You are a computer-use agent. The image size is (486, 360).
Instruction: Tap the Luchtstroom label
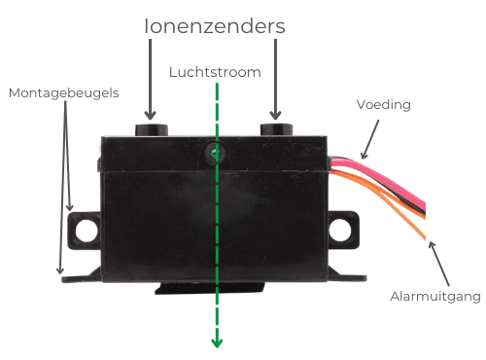(x=215, y=73)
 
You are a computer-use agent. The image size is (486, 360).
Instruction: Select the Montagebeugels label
(x=63, y=93)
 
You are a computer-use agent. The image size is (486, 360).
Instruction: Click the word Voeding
(x=384, y=104)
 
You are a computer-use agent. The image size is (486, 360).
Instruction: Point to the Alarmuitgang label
(x=435, y=297)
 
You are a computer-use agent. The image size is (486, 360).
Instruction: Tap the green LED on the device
(x=215, y=153)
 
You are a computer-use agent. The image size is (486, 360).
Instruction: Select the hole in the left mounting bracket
(x=87, y=231)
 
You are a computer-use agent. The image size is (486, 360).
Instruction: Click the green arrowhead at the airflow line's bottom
(x=216, y=341)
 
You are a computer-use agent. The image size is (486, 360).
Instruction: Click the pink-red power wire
(x=389, y=191)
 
